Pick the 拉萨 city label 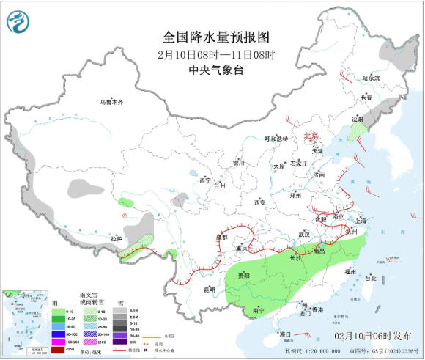pos(116,238)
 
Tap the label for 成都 pos(221,238)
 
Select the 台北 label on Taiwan pos(370,278)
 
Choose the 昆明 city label pos(209,289)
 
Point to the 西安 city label pos(259,202)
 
